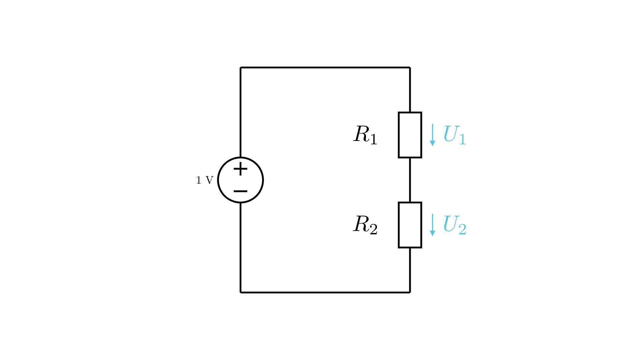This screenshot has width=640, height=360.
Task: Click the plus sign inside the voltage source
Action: pyautogui.click(x=240, y=169)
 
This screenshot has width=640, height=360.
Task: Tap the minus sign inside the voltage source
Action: pyautogui.click(x=240, y=191)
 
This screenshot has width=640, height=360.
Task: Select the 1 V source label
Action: pyautogui.click(x=205, y=180)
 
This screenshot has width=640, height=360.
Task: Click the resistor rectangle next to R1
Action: pyautogui.click(x=410, y=135)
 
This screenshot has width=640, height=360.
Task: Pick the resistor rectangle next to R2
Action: pyautogui.click(x=410, y=225)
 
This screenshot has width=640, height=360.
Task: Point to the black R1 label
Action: pyautogui.click(x=365, y=135)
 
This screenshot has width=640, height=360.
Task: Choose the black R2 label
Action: pyautogui.click(x=365, y=225)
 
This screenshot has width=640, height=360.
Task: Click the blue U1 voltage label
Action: pyautogui.click(x=454, y=135)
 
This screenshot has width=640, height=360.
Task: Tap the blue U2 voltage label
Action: pyautogui.click(x=455, y=225)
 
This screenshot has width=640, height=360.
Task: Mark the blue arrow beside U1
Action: pyautogui.click(x=432, y=135)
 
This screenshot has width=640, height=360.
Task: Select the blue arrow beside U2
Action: pyautogui.click(x=432, y=225)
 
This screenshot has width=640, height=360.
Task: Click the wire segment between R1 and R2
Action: pyautogui.click(x=410, y=180)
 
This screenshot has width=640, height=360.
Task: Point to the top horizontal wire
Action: pyautogui.click(x=325, y=68)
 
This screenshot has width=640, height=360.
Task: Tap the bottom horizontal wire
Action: pyautogui.click(x=325, y=292)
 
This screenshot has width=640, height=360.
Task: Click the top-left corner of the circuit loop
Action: pyautogui.click(x=240, y=68)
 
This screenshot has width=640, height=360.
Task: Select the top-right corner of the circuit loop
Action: pyautogui.click(x=410, y=68)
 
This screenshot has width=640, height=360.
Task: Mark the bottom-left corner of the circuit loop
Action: pyautogui.click(x=240, y=292)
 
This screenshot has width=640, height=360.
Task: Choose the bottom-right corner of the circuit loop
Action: pyautogui.click(x=410, y=292)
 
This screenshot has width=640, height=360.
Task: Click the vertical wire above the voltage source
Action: pyautogui.click(x=240, y=112)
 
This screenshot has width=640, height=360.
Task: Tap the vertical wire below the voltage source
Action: pyautogui.click(x=240, y=247)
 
